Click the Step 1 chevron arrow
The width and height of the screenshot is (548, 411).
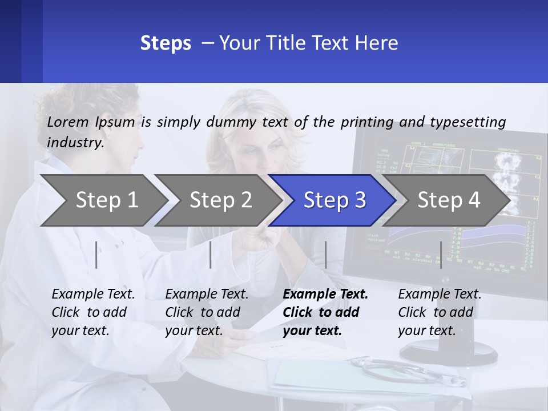103,200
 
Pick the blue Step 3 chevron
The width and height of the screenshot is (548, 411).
334,200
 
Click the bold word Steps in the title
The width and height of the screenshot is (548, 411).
166,43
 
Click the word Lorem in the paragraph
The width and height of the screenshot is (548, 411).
68,122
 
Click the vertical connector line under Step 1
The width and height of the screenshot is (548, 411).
96,255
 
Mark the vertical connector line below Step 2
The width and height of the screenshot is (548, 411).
211,255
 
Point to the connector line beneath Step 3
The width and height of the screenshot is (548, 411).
325,255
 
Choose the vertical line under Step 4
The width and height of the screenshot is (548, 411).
441,255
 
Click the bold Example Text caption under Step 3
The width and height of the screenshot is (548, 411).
325,312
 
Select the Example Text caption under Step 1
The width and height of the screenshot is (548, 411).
93,312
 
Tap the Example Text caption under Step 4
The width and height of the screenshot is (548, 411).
440,312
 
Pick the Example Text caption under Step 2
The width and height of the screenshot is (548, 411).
207,312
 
